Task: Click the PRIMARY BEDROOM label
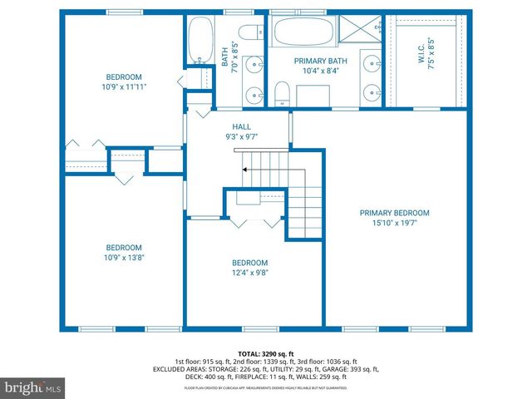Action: coord(394,213)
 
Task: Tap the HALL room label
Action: coord(242,126)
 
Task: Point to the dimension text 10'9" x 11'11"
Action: coord(124,85)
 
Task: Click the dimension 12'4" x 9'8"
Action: coord(249,272)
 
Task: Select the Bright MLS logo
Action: coord(32,387)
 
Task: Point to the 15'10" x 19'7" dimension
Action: coord(394,223)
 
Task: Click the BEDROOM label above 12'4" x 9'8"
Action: coord(249,261)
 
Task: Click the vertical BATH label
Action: coord(224,57)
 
